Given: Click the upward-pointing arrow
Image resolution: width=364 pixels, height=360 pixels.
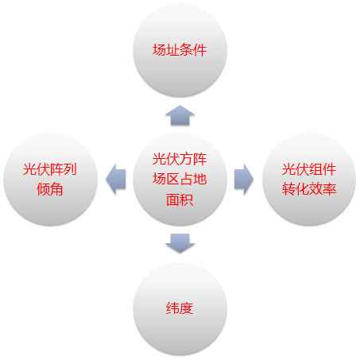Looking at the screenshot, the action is click(x=180, y=115).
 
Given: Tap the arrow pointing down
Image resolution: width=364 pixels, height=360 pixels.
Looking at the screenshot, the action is click(x=180, y=243).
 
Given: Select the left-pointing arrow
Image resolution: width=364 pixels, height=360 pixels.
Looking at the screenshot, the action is click(x=116, y=180).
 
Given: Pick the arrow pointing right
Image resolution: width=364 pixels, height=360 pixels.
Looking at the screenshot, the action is click(x=244, y=180).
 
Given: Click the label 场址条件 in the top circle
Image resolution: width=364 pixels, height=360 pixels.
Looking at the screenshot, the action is click(x=180, y=50).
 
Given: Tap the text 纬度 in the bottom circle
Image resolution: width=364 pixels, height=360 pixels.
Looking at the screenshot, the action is click(x=180, y=308).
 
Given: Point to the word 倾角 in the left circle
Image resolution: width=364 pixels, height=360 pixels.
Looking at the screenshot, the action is click(x=50, y=189).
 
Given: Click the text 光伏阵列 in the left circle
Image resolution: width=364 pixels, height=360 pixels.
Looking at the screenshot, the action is click(x=50, y=169).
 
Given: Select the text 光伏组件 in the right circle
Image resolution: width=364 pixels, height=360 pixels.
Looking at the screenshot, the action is click(x=309, y=169).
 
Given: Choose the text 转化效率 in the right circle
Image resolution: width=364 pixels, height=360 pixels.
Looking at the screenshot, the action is click(x=309, y=189).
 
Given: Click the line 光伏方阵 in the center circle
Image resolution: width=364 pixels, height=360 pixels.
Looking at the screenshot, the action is click(x=180, y=159).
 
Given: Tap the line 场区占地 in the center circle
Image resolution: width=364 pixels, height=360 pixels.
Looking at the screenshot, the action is click(x=180, y=179).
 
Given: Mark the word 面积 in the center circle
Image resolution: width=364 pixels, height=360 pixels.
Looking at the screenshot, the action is click(x=180, y=199).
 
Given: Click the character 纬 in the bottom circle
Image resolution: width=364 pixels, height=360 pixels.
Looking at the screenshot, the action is click(x=172, y=308).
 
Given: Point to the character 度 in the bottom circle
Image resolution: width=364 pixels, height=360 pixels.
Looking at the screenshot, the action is click(x=187, y=308).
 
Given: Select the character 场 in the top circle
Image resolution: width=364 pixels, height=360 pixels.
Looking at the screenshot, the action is click(x=159, y=50).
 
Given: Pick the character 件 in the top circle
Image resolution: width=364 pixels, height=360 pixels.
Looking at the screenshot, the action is click(x=200, y=50).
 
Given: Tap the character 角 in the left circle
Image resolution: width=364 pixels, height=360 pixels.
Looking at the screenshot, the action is click(x=56, y=189).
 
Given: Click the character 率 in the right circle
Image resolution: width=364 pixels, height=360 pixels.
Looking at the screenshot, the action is click(x=330, y=189).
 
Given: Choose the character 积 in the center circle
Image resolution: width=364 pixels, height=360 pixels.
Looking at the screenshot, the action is click(x=187, y=199).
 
